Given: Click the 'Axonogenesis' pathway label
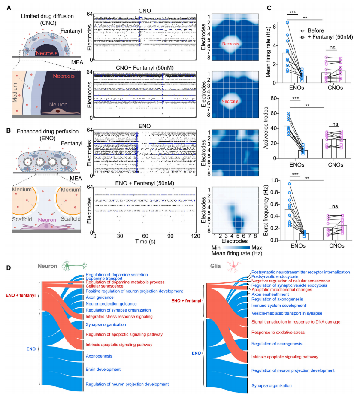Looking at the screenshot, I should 99,356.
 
